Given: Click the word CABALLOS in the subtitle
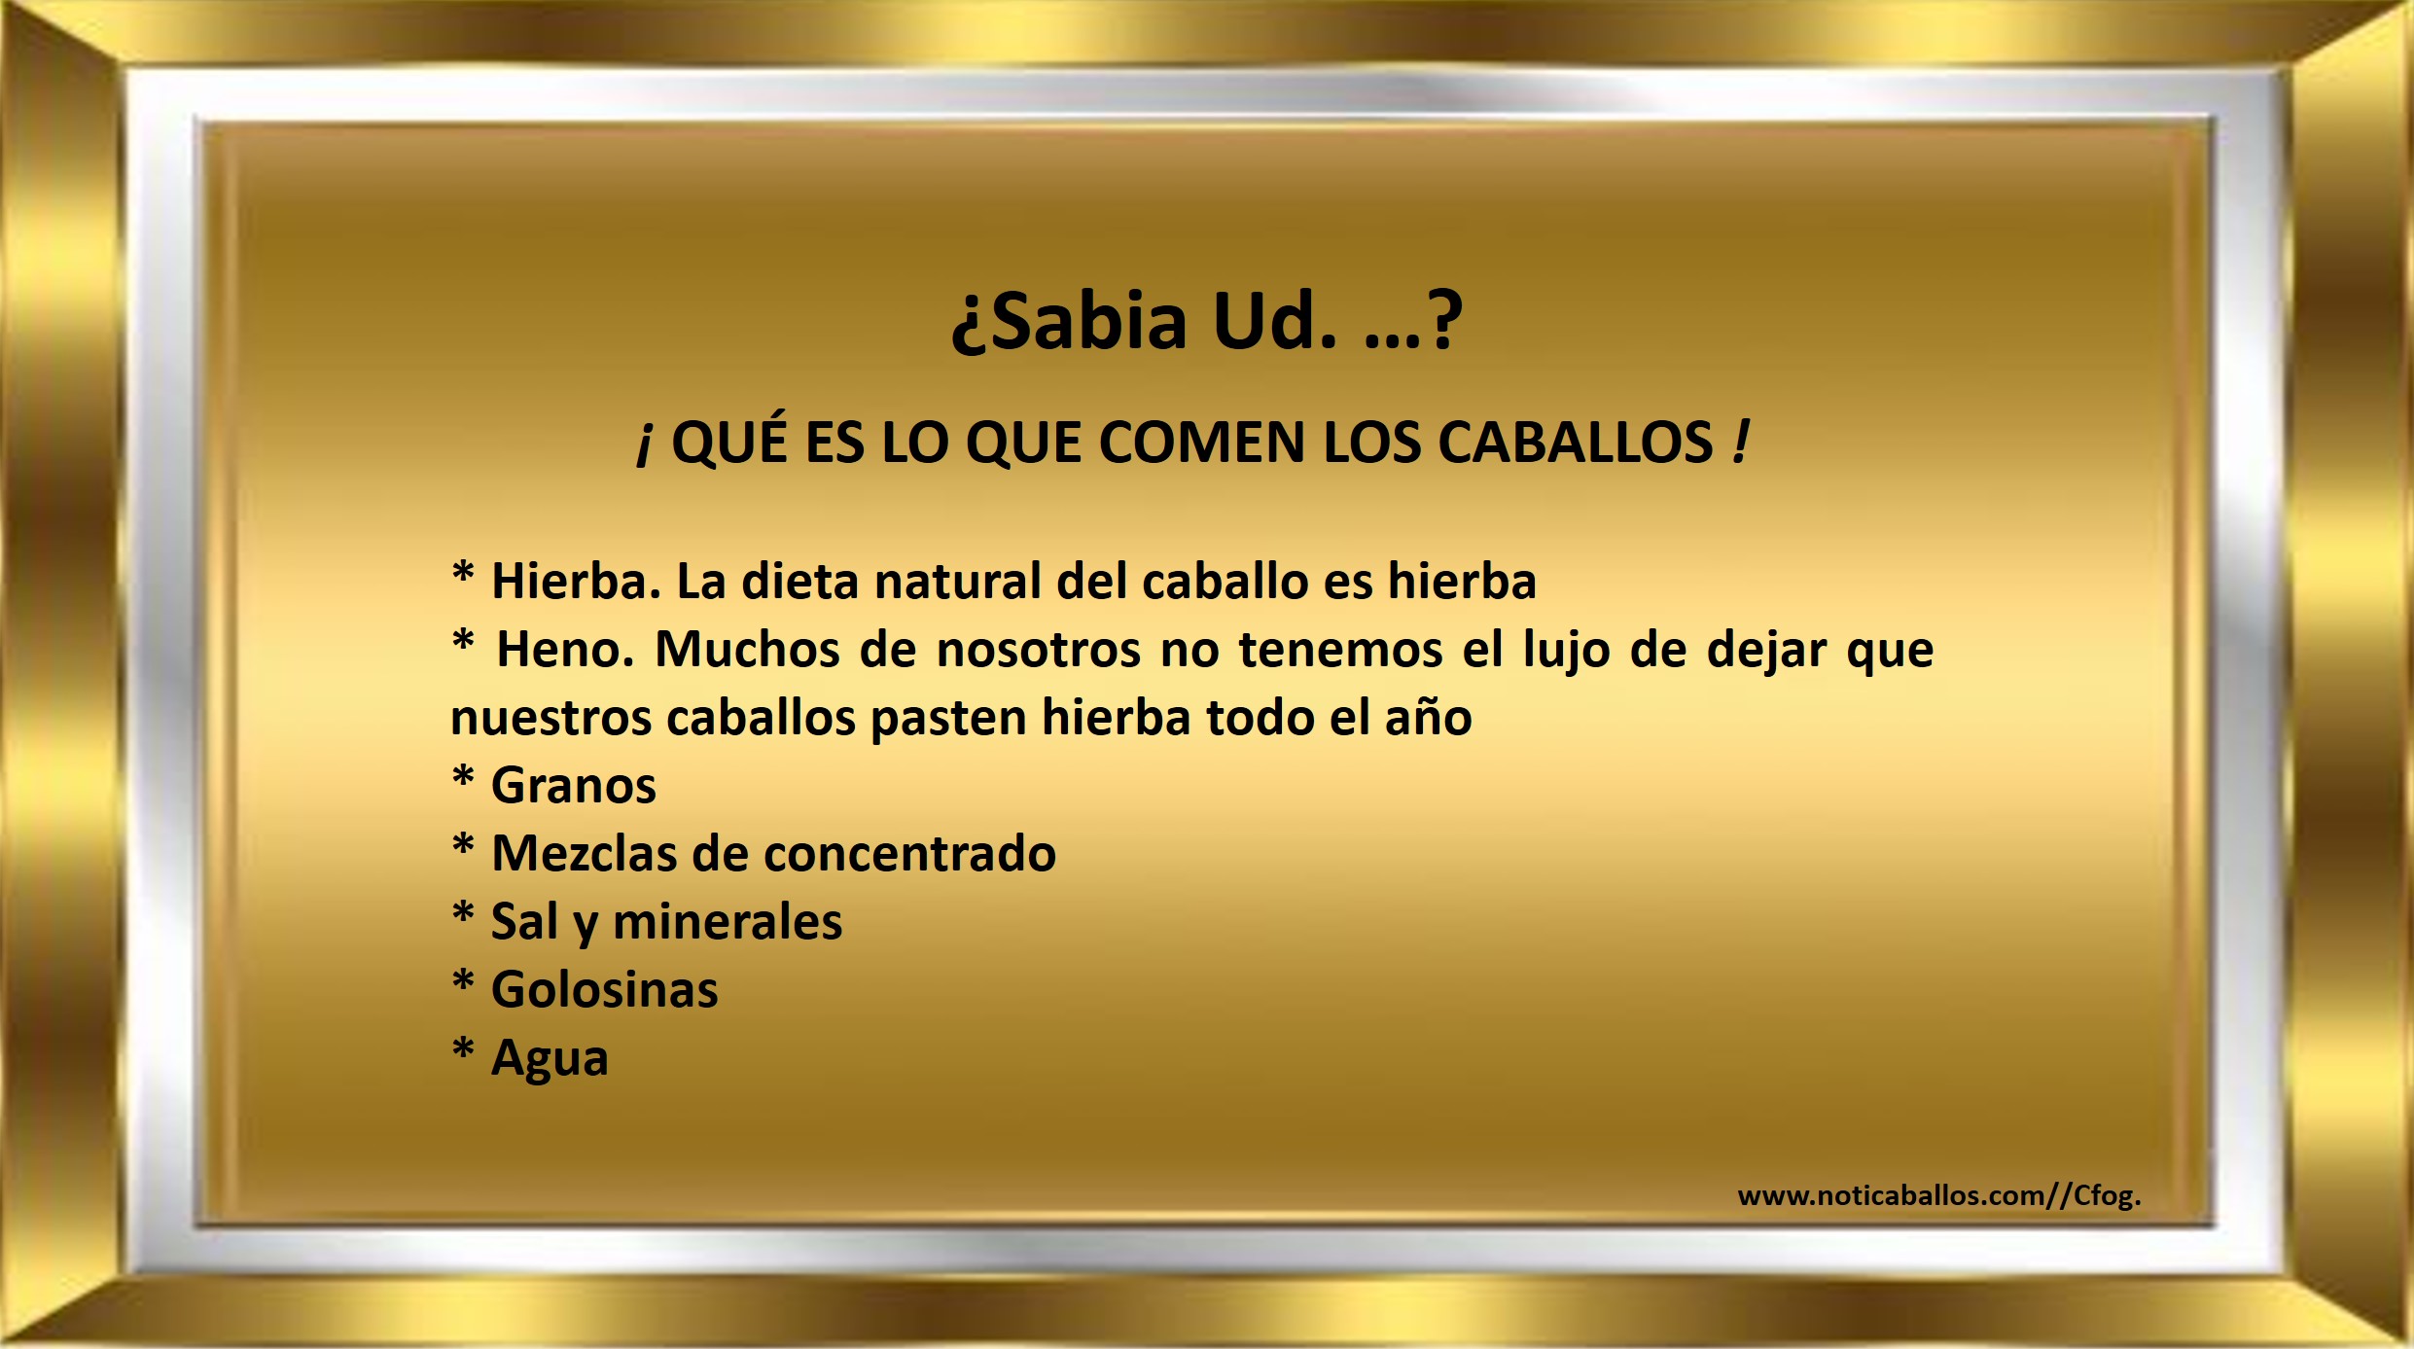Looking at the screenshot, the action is click(x=1575, y=443).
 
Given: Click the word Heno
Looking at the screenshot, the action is click(x=565, y=649).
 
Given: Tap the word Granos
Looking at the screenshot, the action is click(x=574, y=786).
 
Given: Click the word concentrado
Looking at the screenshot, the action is click(x=910, y=854).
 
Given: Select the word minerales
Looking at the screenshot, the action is click(x=728, y=922).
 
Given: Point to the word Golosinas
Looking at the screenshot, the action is click(x=605, y=990).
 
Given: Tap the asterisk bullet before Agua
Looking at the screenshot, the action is click(x=463, y=1047).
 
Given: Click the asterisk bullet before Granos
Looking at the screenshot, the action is click(x=463, y=775).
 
